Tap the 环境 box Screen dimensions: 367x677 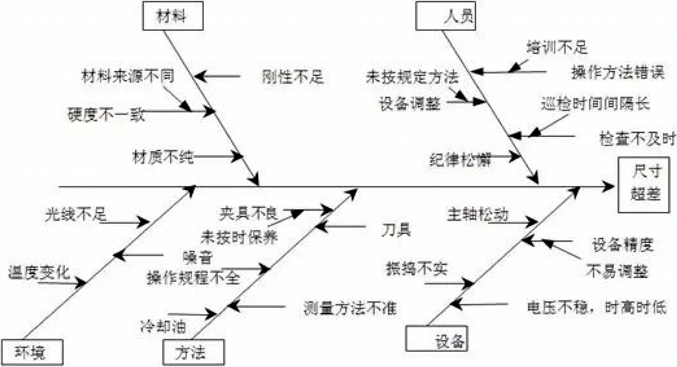coord(32,353)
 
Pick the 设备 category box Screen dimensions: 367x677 coord(437,340)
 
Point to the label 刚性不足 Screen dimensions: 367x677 coord(293,77)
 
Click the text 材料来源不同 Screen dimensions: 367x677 coord(127,75)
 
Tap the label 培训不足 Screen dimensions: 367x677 coord(556,47)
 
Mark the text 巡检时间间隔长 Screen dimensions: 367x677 coord(595,104)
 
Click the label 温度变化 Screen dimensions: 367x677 coord(39,273)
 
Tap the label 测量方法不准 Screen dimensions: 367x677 coord(350,308)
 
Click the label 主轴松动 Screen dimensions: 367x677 coord(477,214)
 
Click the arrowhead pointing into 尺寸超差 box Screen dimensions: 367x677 coord(609,186)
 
